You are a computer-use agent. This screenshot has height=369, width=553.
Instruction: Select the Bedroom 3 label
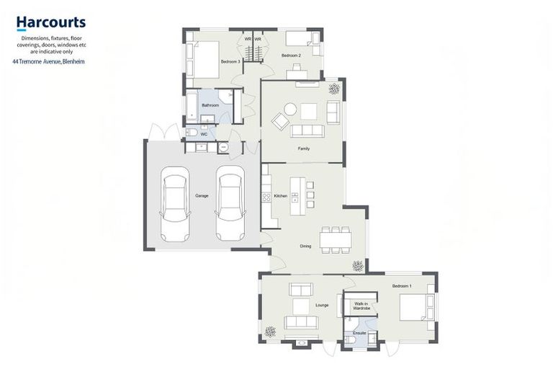230,62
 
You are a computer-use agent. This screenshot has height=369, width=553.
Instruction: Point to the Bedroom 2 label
291,55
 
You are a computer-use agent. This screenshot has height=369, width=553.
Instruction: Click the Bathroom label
210,105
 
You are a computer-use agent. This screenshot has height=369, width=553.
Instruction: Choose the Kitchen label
280,196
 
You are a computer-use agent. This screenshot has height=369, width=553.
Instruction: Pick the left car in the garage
174,204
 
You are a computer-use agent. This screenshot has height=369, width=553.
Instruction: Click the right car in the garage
230,204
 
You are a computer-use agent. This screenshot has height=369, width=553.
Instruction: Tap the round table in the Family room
289,110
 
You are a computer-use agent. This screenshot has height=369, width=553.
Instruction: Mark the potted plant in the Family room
334,89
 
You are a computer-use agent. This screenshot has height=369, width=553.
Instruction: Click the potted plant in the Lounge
270,332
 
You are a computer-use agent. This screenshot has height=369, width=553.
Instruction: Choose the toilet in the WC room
192,133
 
